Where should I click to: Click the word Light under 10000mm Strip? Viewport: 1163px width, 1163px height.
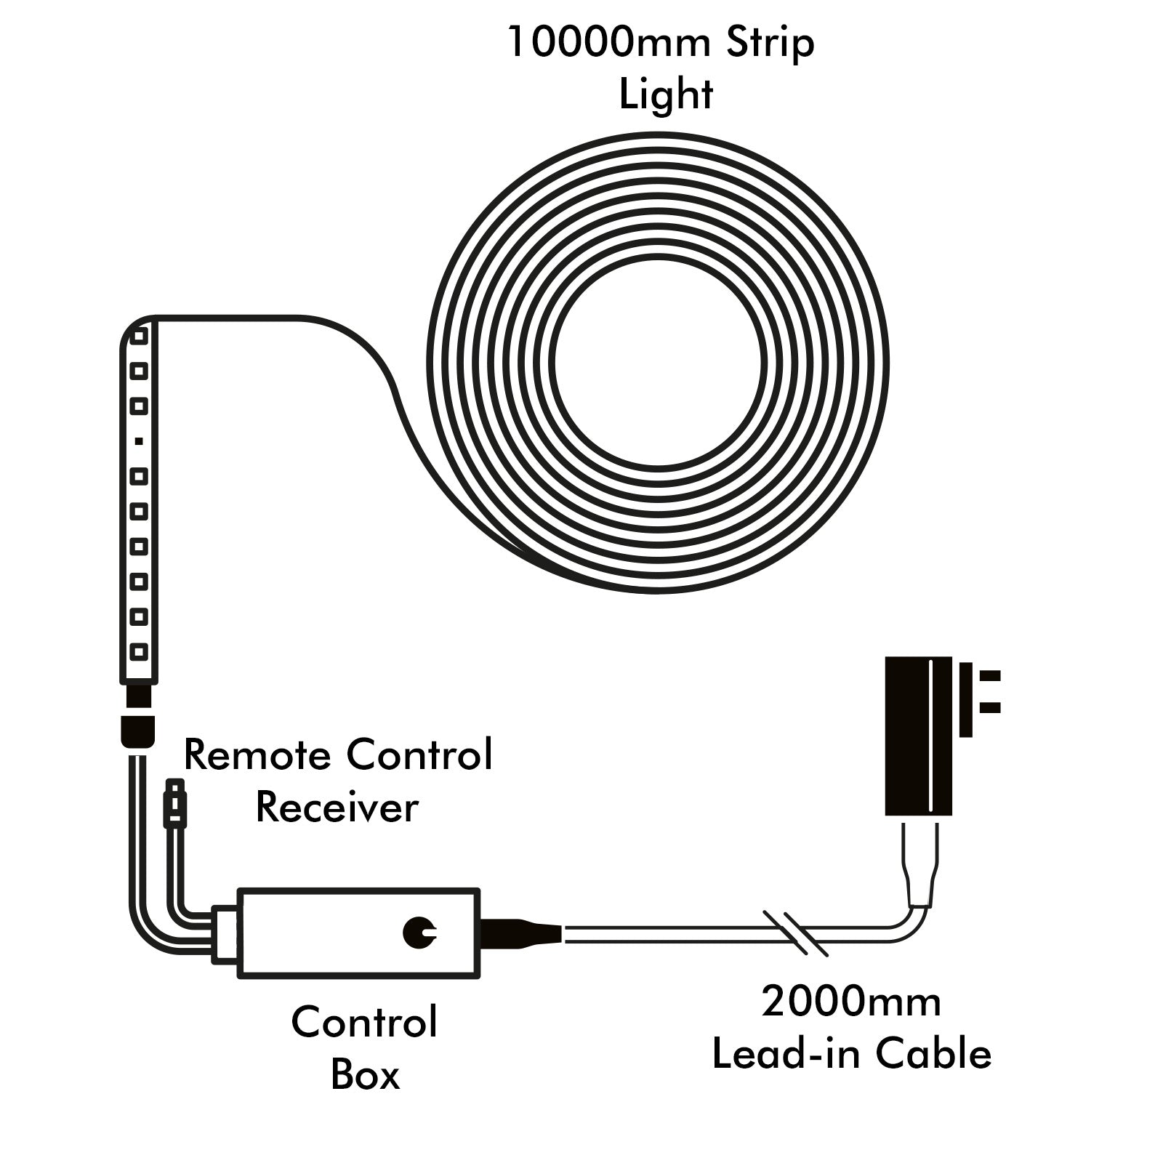[x=666, y=94]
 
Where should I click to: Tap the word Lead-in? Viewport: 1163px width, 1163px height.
[x=788, y=1053]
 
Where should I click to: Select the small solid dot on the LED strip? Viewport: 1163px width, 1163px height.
[x=139, y=441]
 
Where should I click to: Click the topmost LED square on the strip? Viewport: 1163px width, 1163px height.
[x=139, y=336]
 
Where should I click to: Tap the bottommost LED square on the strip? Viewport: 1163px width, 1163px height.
[x=139, y=651]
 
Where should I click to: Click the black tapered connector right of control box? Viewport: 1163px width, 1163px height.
[x=520, y=933]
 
